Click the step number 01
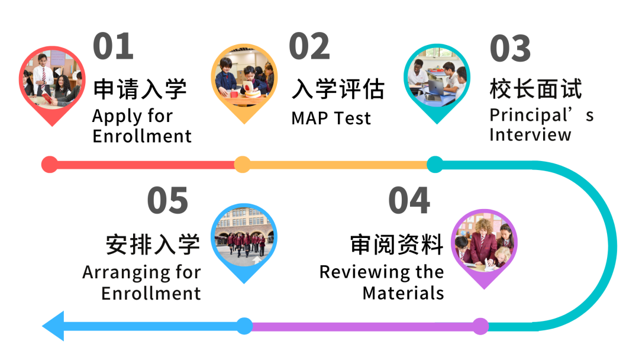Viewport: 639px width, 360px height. pos(113,46)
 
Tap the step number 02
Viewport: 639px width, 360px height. pos(309,46)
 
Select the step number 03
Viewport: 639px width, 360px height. pos(510,48)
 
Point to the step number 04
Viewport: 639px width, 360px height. pos(409,200)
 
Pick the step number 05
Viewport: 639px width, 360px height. pos(167,200)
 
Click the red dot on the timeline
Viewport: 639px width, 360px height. pos(50,164)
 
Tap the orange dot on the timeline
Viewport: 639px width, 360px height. pos(243,164)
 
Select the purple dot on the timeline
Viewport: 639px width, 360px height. pos(480,326)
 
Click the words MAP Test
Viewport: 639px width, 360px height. pos(331,118)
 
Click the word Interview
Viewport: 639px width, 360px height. pos(530,134)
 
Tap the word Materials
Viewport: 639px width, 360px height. pos(403,292)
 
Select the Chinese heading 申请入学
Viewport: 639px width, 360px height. pos(140,89)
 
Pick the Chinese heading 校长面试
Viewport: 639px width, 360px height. pos(536,89)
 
